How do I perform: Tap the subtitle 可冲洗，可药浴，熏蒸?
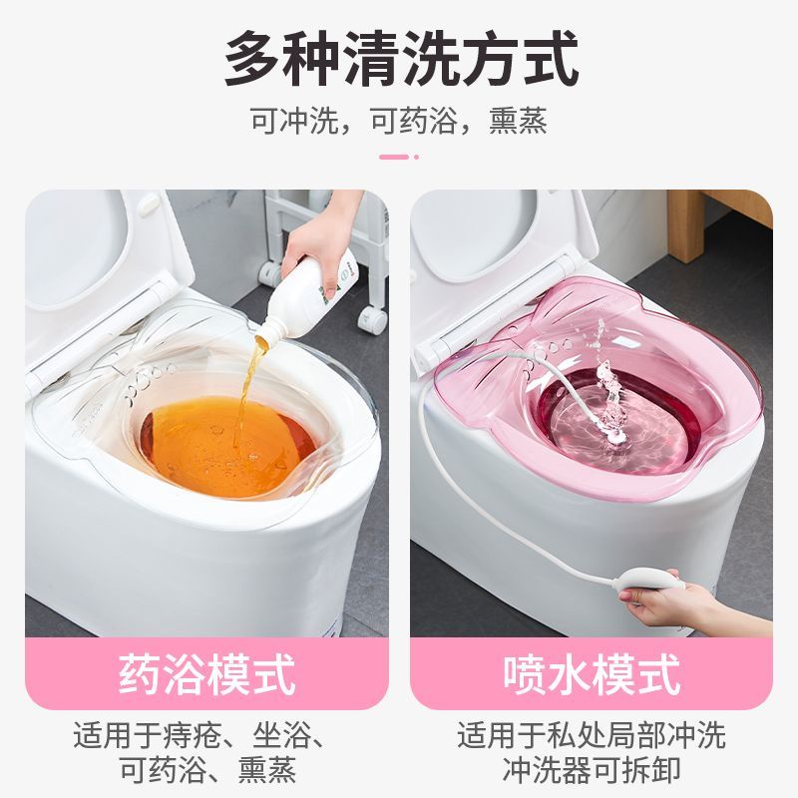[x=399, y=122]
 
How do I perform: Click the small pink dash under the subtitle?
[x=395, y=157]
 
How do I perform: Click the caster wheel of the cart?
[x=372, y=318]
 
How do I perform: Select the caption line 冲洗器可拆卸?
[x=592, y=770]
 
